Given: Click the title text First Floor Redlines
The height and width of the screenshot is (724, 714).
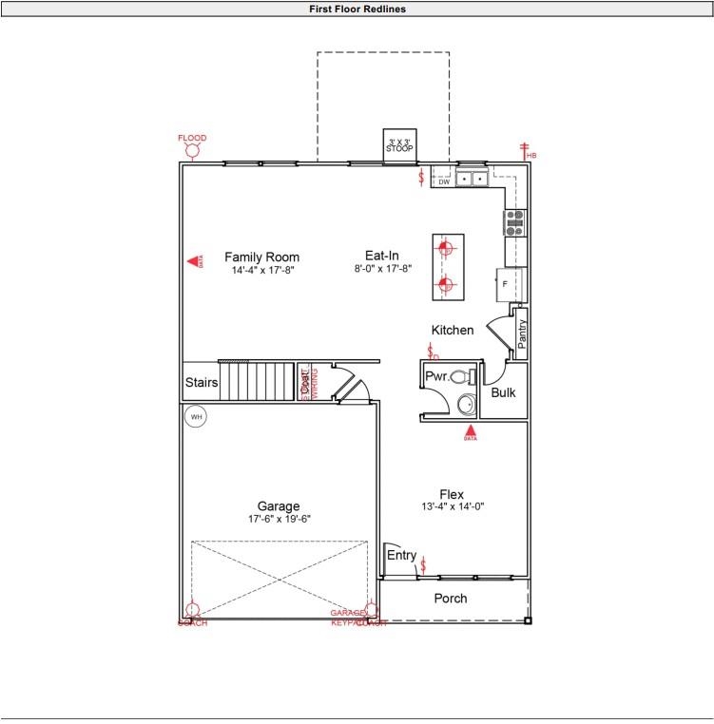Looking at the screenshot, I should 357,9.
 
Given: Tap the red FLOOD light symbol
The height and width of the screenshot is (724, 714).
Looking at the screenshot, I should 192,150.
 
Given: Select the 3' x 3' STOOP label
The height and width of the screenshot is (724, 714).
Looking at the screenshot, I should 399,146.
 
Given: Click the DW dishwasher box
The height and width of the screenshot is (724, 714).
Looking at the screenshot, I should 443,181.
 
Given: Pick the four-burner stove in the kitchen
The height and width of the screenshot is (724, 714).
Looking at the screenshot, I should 514,222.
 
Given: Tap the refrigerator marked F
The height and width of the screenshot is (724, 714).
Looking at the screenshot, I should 506,284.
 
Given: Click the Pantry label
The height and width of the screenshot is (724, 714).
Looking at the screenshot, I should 521,333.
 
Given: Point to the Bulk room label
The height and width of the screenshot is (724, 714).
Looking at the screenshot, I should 503,391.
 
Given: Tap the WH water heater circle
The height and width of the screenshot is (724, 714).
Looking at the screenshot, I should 196,416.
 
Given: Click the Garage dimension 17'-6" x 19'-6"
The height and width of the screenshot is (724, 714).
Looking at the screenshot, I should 279,519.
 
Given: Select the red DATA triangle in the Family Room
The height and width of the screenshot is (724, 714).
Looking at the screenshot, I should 192,260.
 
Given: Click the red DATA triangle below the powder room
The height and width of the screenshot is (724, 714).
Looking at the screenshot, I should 470,431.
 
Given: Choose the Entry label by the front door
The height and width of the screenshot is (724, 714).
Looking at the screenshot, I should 401,555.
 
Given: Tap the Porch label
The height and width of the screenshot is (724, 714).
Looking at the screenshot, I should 451,598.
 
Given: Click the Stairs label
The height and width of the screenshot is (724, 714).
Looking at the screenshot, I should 202,383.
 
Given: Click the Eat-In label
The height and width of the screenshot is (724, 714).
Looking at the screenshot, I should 381,256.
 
